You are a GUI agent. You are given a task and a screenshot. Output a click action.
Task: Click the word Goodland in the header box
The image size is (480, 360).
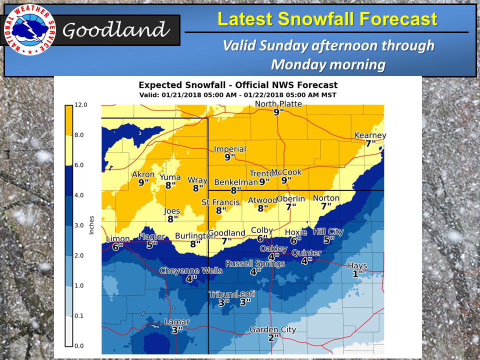115,30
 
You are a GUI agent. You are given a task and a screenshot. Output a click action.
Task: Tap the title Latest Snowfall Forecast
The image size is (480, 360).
327,19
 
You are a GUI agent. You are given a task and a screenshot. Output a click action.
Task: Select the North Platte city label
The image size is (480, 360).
278,104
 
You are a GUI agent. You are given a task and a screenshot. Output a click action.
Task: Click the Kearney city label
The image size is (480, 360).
370,135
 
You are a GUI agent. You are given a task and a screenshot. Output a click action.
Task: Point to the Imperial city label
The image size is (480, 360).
230,149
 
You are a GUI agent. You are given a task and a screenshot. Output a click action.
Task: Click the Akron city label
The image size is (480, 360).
143,174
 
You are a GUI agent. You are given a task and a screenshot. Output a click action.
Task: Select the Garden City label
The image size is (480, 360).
273,329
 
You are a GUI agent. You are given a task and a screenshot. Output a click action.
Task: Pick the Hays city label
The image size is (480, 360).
357,266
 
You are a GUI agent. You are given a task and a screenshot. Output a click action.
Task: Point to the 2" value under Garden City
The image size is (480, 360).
273,337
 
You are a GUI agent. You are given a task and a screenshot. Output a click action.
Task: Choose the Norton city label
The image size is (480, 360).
326,198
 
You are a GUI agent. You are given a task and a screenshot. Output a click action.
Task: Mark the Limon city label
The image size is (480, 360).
118,239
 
